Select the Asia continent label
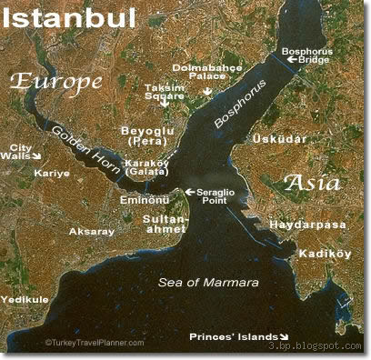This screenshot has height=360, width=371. [312, 183]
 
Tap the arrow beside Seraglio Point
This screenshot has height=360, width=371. [189, 192]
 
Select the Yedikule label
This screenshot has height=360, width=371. [25, 297]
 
